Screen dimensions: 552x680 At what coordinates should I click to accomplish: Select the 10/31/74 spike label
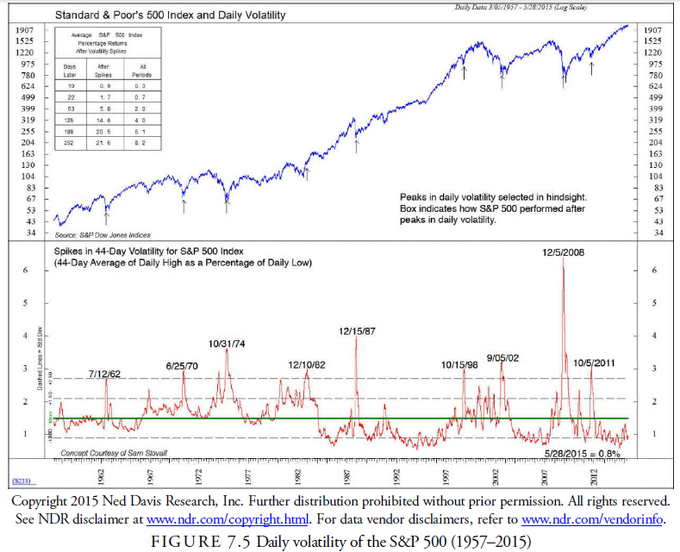click(x=228, y=344)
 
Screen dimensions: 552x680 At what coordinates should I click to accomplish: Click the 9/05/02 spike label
click(x=502, y=357)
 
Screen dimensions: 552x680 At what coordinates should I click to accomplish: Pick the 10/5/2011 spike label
click(x=594, y=363)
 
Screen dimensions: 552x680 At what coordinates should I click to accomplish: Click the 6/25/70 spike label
click(x=182, y=367)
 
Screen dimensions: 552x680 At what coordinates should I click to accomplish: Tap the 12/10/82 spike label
click(x=307, y=364)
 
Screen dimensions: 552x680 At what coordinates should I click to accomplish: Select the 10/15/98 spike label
click(x=459, y=364)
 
